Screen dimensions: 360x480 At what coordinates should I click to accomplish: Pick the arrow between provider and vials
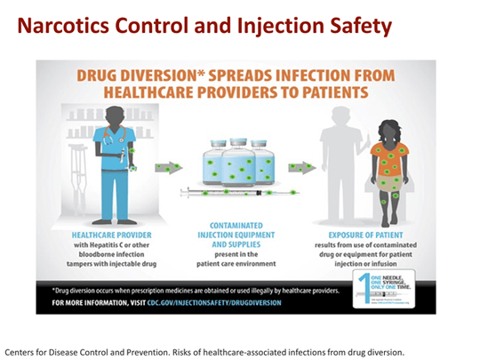coord(168,166)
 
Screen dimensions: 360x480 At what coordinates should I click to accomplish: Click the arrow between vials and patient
coord(301,166)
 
